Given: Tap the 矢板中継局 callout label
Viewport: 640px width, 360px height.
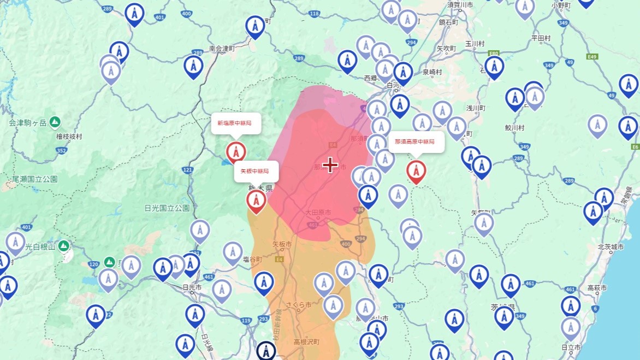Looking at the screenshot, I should coord(256,171).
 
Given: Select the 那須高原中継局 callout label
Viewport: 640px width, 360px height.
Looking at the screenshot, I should coord(417,141).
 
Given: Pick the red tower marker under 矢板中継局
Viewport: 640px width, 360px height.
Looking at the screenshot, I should coord(256,200).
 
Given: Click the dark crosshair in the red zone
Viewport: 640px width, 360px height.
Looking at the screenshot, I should coord(330,164).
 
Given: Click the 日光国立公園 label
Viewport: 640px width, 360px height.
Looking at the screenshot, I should coord(167,208).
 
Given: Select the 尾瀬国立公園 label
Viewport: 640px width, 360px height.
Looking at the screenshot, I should coord(34,179).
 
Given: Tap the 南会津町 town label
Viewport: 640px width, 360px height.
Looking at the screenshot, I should coord(222,49).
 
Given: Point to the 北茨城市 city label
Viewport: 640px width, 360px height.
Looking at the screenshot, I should coord(611,247).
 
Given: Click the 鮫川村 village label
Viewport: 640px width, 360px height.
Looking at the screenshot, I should coord(514,128).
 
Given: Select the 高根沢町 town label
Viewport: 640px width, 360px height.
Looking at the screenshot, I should coord(306,342).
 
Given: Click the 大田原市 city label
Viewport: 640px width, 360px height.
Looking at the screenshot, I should coord(318,211).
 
